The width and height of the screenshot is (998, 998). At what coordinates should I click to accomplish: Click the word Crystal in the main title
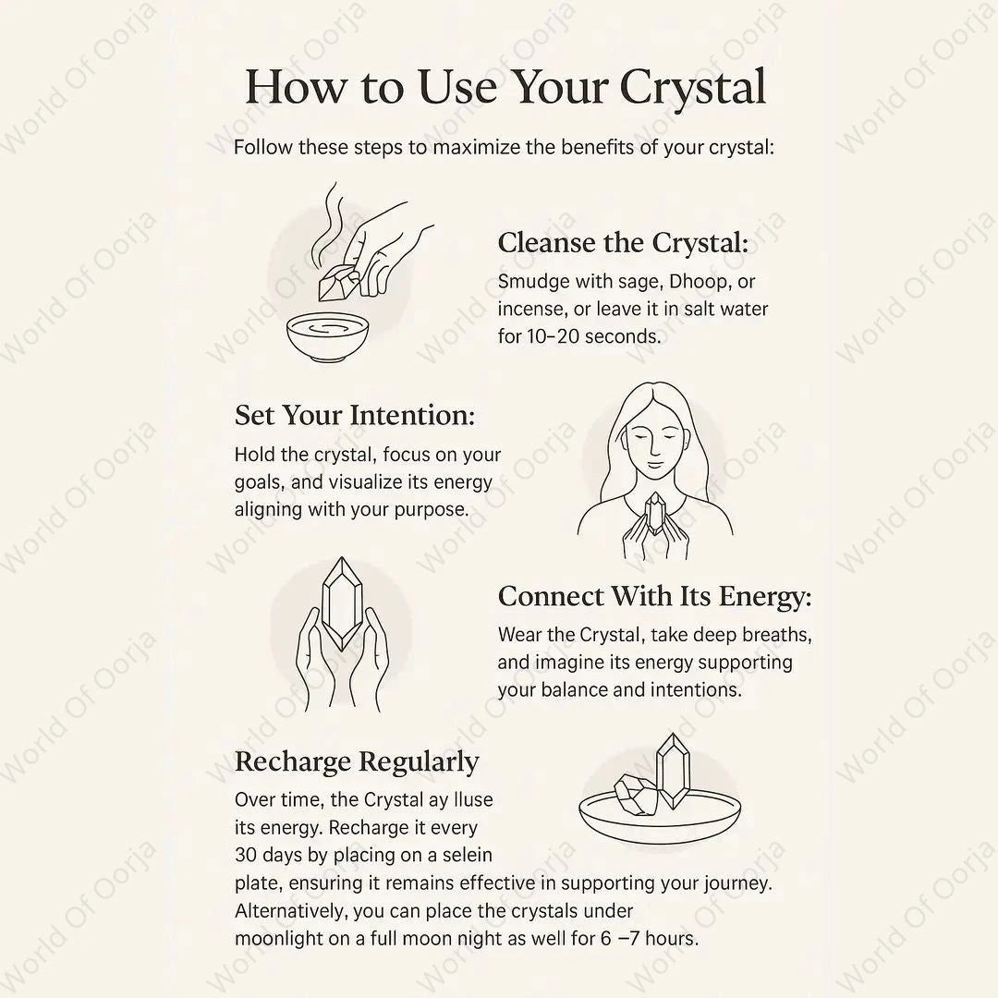(692, 87)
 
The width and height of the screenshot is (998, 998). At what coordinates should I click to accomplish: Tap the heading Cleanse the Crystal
(623, 243)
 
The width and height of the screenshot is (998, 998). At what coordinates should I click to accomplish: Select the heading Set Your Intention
(355, 416)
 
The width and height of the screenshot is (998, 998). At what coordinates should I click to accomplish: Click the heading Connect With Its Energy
(655, 596)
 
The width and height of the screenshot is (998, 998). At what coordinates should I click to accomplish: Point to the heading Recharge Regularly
(357, 761)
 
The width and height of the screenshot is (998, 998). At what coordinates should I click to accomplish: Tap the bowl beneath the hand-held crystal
(327, 336)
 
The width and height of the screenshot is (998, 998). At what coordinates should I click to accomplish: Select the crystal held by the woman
(653, 515)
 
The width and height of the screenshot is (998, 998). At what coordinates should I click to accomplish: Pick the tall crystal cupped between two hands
(343, 603)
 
